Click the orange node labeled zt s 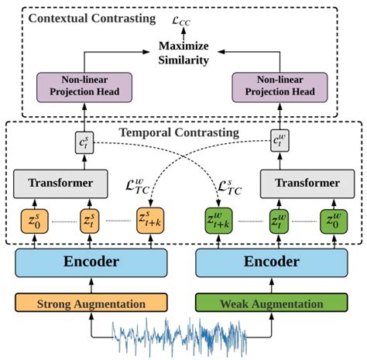[91, 220]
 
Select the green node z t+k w [216, 220]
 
